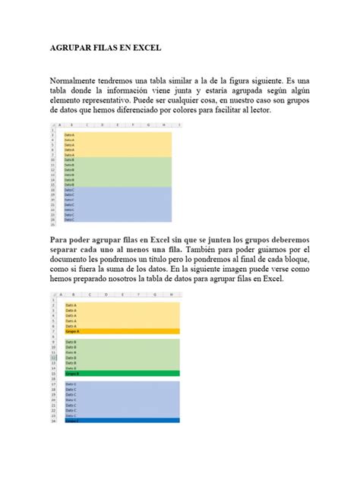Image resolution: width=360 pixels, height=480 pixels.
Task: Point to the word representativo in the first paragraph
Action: tap(113, 100)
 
